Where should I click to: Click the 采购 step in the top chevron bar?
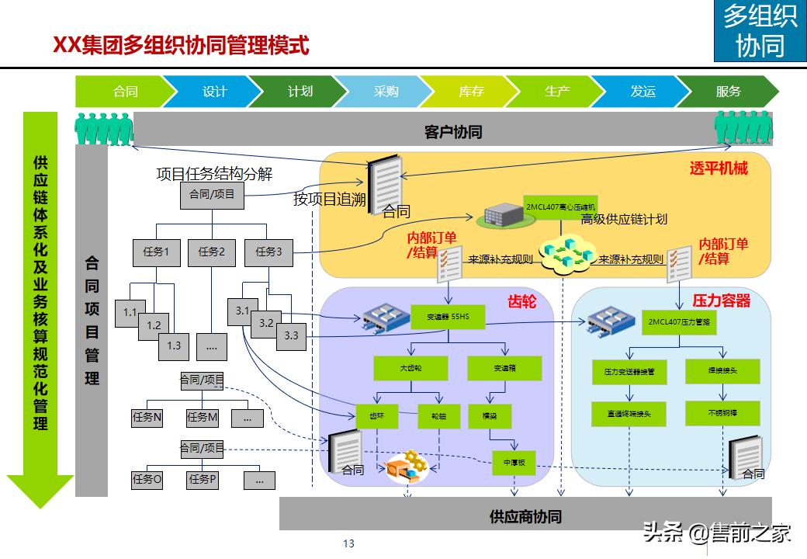click(x=386, y=92)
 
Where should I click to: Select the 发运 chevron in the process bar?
click(x=642, y=92)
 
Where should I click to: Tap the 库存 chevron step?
click(x=471, y=92)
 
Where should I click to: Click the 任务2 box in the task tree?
click(x=211, y=252)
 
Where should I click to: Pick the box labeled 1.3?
click(x=174, y=345)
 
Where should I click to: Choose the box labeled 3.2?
click(x=266, y=322)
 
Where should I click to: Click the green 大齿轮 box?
click(x=410, y=368)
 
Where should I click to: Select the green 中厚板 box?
click(x=514, y=463)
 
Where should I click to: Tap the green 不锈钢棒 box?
click(x=722, y=413)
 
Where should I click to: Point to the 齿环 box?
click(x=376, y=415)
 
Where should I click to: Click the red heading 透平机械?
click(x=719, y=168)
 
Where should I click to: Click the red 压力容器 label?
click(x=721, y=300)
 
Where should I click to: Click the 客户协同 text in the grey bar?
click(x=453, y=132)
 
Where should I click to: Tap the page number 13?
click(x=348, y=543)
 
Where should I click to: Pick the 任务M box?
click(x=203, y=417)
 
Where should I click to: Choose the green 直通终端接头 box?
click(x=629, y=414)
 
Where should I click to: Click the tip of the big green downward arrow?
click(x=40, y=505)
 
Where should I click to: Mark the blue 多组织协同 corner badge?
click(x=760, y=31)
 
